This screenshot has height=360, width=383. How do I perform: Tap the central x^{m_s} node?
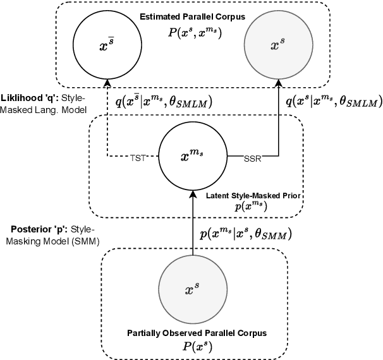point(191,155)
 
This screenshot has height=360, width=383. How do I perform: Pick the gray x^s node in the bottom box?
point(191,290)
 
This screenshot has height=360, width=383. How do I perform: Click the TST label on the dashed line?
point(138,158)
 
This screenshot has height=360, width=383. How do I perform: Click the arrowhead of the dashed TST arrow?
point(107,83)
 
